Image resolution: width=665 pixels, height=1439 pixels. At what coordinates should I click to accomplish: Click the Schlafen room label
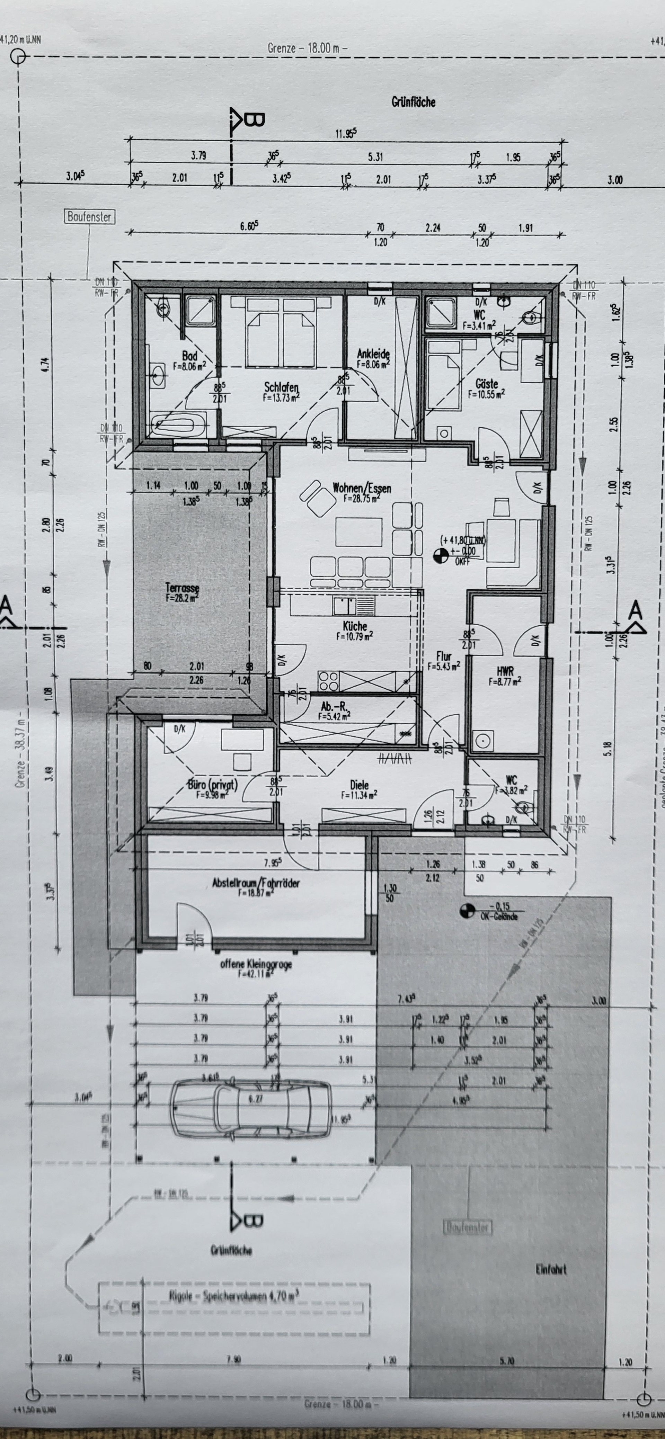click(x=281, y=387)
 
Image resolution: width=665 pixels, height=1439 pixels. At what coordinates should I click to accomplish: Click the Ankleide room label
click(x=373, y=354)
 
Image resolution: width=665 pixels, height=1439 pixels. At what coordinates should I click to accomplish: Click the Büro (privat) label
click(x=212, y=785)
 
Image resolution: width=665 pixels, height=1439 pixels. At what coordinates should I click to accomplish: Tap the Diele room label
click(x=359, y=785)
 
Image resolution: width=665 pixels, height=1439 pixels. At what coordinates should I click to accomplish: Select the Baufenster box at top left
click(x=89, y=217)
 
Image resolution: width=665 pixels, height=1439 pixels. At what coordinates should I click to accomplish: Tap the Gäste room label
click(x=486, y=384)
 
